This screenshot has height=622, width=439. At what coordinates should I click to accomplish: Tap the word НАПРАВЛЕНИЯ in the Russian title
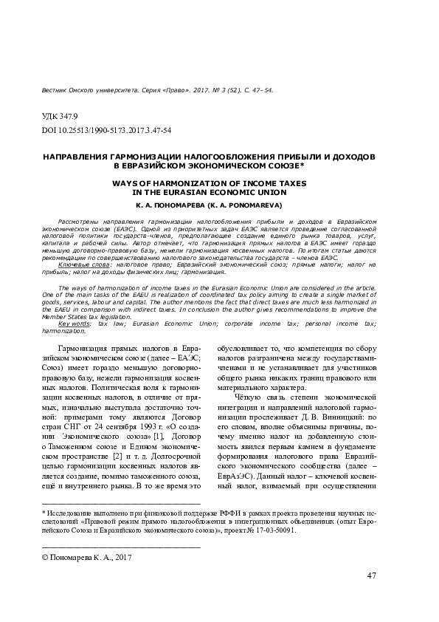click(x=83, y=157)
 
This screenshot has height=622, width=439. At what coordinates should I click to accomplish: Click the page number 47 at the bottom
click(x=371, y=575)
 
